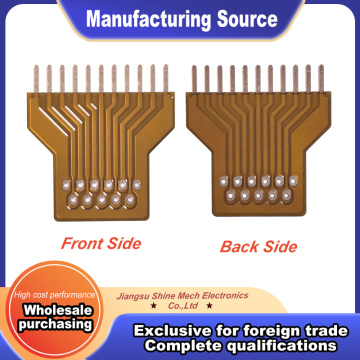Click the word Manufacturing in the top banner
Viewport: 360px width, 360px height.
[x=149, y=20]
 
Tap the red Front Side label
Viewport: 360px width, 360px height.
[x=101, y=243]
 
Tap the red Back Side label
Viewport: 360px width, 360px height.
[x=258, y=247]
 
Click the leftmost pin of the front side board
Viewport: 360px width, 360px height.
[x=36, y=79]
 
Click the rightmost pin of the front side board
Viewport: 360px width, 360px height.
[x=166, y=78]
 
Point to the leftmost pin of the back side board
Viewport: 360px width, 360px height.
[x=194, y=79]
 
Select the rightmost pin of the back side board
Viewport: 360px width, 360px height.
[x=321, y=78]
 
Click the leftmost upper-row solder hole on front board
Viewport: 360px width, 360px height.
[x=66, y=184]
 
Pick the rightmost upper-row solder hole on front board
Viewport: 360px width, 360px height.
[x=137, y=183]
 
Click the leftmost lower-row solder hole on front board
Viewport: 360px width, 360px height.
[x=73, y=200]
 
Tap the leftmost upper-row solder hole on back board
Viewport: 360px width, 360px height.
[x=223, y=182]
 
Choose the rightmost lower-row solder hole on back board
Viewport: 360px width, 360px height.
[x=287, y=194]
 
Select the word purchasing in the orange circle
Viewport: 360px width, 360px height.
[x=55, y=324]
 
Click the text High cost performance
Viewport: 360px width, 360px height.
[x=55, y=295]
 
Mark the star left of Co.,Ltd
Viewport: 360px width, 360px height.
[x=154, y=305]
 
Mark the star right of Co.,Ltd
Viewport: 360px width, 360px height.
[x=209, y=305]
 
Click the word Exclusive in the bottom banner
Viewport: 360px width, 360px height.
[x=172, y=331]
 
